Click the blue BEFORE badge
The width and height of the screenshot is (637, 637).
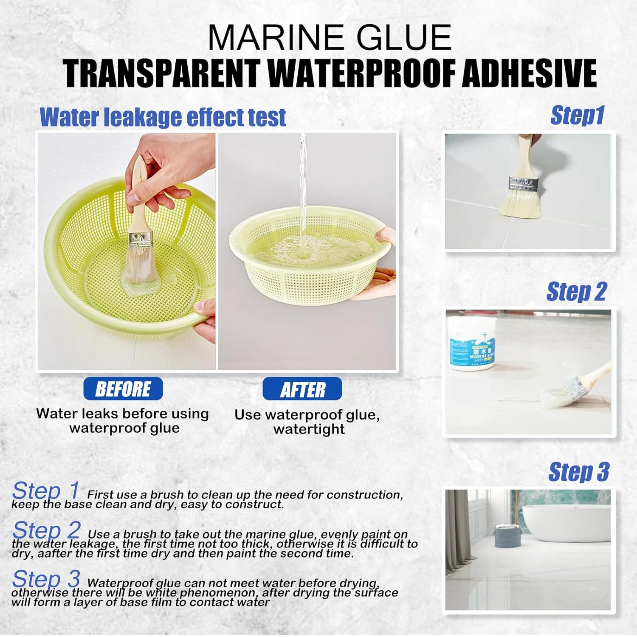tap(123, 389)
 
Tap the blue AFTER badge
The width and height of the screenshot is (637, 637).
tap(302, 389)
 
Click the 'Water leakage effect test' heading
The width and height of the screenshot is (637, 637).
tap(163, 117)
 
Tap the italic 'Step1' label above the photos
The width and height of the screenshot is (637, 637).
tap(577, 115)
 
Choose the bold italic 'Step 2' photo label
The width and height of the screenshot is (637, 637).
tap(576, 292)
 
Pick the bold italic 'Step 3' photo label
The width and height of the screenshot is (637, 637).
tap(579, 472)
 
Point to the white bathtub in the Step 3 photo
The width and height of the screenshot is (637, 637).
tap(566, 523)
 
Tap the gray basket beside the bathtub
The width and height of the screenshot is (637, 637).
tap(507, 536)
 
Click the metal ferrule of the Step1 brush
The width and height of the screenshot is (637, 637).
tap(524, 184)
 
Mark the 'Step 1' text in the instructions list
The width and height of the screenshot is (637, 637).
tap(46, 491)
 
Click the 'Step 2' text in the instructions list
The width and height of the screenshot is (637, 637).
tap(46, 530)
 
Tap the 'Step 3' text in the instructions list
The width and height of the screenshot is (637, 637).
tap(46, 579)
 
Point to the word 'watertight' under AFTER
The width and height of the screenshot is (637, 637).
tap(309, 429)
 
